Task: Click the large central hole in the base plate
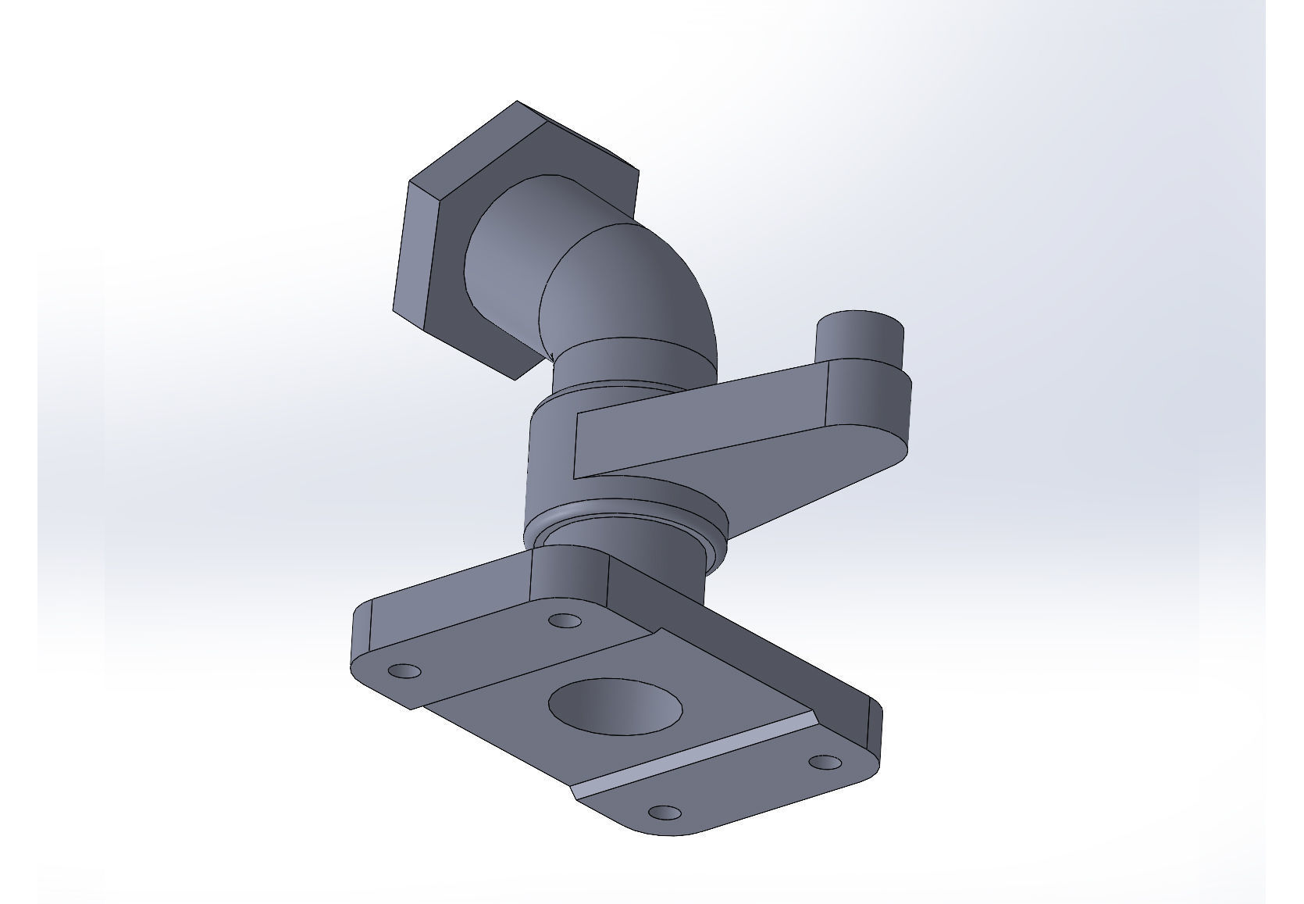click(x=615, y=706)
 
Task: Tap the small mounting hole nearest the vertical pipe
click(x=565, y=621)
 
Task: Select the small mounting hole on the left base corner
click(x=404, y=671)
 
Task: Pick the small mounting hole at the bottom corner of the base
click(x=664, y=813)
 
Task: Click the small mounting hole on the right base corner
click(x=825, y=762)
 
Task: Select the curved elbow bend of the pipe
click(x=632, y=281)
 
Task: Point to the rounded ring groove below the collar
click(x=625, y=520)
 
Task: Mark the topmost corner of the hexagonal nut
click(x=517, y=102)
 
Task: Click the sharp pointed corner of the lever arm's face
click(x=576, y=477)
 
